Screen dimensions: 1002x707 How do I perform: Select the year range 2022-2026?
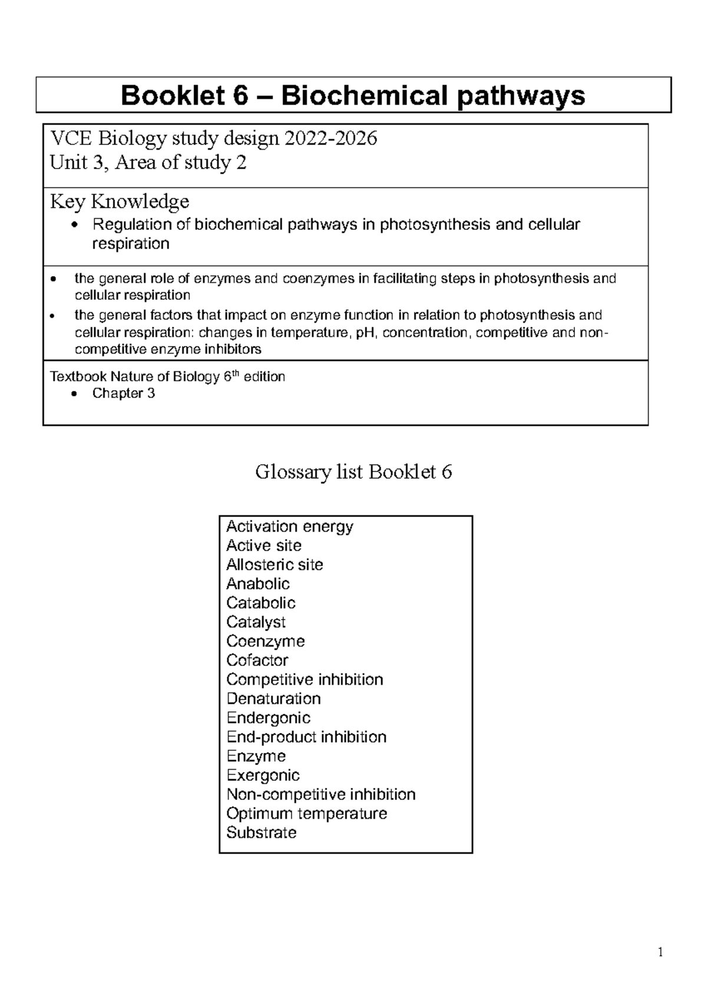[331, 139]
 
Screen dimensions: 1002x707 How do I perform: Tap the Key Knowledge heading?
[120, 202]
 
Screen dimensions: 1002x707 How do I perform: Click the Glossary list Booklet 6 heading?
[353, 472]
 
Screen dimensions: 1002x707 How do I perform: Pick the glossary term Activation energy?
[289, 526]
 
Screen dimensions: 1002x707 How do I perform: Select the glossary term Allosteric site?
[275, 565]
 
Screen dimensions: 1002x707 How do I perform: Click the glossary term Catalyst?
[256, 622]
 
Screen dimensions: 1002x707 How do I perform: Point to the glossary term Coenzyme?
[265, 641]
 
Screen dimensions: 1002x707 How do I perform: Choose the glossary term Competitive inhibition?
[305, 680]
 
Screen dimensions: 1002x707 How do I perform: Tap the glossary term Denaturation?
[273, 699]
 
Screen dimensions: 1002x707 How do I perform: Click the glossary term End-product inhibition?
[306, 737]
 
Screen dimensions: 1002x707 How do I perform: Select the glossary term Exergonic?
[263, 776]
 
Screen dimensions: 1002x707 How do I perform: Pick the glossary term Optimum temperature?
[306, 814]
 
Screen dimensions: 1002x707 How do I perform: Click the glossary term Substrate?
[261, 833]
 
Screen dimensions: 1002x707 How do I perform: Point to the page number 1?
[660, 952]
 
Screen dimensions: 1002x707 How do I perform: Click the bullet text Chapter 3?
[123, 393]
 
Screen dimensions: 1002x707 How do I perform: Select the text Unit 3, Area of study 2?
[148, 163]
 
